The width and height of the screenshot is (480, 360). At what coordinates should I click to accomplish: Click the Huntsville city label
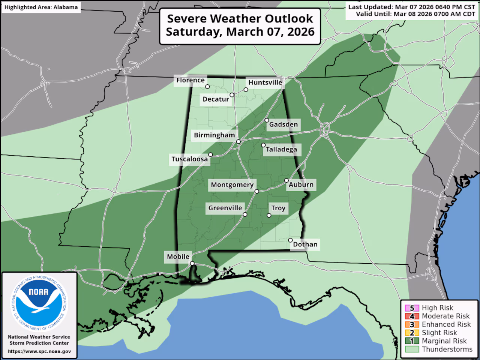(x=265, y=82)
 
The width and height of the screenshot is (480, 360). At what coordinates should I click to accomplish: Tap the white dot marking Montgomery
(x=257, y=192)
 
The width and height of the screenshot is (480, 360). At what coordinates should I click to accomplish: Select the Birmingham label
(x=214, y=135)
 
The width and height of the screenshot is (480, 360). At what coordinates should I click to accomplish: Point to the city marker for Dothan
(x=290, y=240)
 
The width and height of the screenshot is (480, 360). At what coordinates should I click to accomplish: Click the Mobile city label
(x=178, y=256)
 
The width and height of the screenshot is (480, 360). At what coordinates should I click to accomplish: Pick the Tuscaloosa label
(x=189, y=159)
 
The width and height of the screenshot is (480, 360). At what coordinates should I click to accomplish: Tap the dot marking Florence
(x=207, y=87)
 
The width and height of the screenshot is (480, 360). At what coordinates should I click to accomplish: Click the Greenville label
(x=225, y=208)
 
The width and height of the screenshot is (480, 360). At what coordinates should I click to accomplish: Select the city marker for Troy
(x=269, y=215)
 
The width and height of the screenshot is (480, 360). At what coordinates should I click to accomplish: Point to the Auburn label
(x=301, y=184)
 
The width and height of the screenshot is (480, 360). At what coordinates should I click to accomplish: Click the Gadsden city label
(x=283, y=124)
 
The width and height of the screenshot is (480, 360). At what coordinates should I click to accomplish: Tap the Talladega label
(x=281, y=150)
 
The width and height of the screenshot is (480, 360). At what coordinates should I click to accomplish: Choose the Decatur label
(x=216, y=99)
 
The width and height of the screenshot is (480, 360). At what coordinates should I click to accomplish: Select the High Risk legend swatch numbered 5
(x=412, y=308)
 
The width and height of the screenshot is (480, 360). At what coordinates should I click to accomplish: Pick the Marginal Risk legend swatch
(x=412, y=341)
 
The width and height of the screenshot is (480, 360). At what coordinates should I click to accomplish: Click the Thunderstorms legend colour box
(x=412, y=349)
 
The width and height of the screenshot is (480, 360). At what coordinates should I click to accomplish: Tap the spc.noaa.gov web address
(x=39, y=351)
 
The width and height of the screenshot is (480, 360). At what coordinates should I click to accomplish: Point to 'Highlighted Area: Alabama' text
(x=41, y=7)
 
